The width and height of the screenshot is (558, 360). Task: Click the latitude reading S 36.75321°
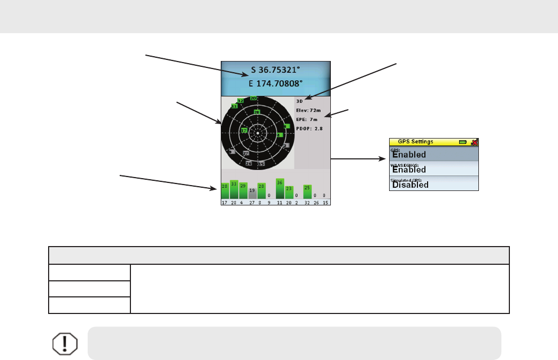276,70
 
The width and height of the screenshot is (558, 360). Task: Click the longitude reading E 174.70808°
276,83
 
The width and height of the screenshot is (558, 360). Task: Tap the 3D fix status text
300,101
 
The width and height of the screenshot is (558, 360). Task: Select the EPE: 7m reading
307,119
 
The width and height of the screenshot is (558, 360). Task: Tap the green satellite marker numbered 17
244,131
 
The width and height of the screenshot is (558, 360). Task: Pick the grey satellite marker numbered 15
261,163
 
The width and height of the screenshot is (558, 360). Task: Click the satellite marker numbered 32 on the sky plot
241,101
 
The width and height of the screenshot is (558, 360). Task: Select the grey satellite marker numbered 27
246,153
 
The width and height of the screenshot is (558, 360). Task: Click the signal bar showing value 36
280,189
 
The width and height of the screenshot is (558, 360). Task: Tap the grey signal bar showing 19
252,193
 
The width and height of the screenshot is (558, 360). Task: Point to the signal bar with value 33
234,189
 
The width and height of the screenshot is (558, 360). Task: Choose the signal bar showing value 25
307,192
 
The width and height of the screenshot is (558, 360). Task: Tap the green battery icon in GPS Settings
462,142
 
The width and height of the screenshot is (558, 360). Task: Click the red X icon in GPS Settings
474,142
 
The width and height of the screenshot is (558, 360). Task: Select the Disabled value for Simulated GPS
410,185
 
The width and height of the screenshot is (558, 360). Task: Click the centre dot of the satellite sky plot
258,133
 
